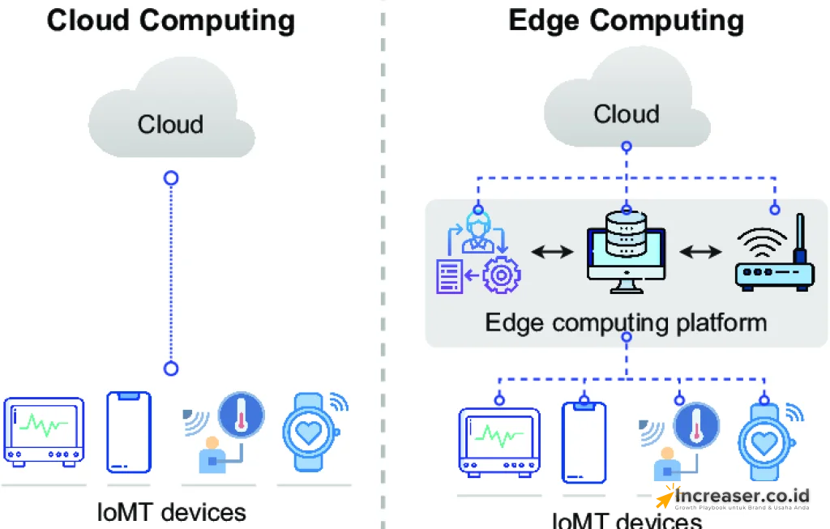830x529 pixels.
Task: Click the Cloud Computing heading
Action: (x=171, y=20)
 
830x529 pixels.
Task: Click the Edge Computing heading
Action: (x=626, y=20)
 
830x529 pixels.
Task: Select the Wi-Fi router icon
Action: (x=773, y=258)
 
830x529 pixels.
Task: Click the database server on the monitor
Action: (x=626, y=235)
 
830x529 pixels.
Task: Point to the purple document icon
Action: (x=450, y=275)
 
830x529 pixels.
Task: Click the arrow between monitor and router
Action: (x=700, y=252)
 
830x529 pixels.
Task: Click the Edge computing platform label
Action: (x=626, y=322)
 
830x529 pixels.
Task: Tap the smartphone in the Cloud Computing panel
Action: (x=129, y=432)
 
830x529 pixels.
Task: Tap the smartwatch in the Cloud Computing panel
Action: (x=309, y=432)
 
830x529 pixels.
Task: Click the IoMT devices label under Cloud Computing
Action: (x=171, y=512)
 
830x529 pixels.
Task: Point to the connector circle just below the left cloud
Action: (x=170, y=177)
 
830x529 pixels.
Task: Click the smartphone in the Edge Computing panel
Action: (x=584, y=442)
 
